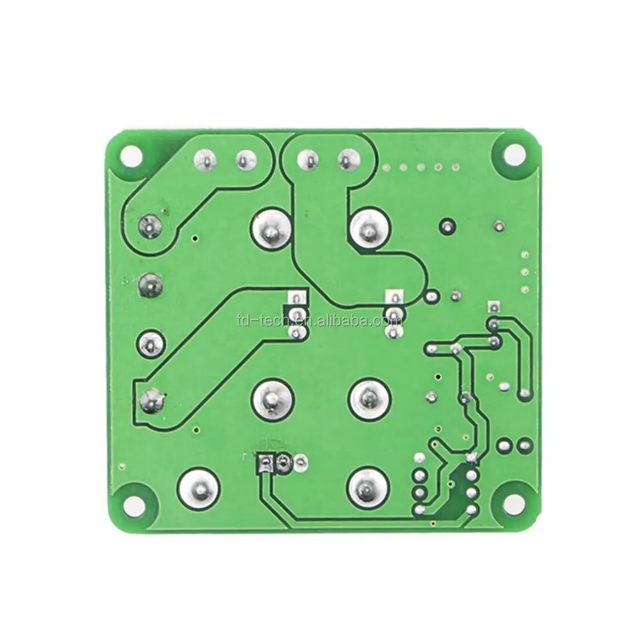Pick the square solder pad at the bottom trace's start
(264, 461)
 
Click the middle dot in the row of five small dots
(420, 168)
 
